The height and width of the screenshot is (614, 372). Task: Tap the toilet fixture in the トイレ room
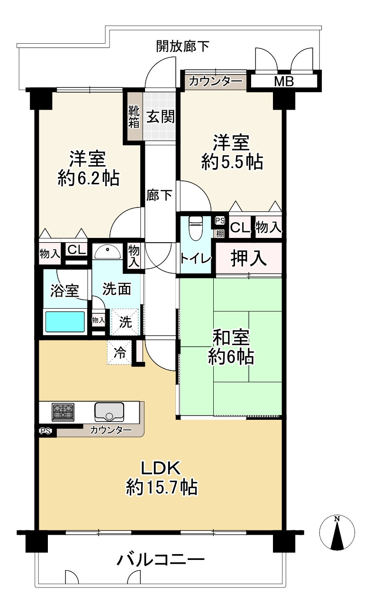[195, 228]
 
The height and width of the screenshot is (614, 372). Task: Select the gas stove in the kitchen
[63, 412]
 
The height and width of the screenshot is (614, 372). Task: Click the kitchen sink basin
[109, 412]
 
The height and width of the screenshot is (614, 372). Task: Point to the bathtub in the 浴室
[65, 321]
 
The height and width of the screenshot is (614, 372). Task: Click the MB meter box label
[284, 81]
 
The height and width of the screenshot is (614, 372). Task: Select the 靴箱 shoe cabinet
[134, 116]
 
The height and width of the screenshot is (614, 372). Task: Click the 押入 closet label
[248, 258]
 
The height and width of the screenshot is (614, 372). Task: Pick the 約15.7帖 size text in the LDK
[162, 487]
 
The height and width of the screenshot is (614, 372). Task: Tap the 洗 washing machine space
[125, 322]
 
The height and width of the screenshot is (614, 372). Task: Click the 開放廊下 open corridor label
[183, 46]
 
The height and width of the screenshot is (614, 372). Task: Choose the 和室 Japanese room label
[231, 338]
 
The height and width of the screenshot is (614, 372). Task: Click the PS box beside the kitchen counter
[45, 431]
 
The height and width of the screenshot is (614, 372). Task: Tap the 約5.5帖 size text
[232, 163]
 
